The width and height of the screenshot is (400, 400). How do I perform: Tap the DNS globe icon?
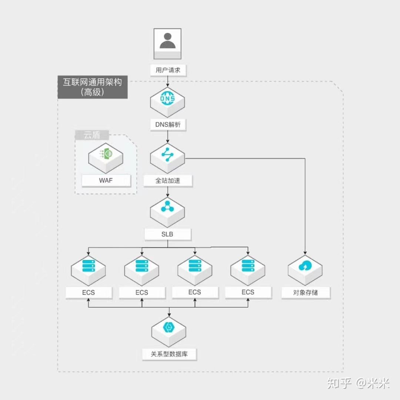[167, 99]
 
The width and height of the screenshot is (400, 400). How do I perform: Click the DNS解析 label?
[168, 125]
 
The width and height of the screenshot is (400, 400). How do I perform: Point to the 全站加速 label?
[168, 181]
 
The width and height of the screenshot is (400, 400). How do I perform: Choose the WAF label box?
[106, 181]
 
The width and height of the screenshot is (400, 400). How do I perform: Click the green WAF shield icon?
[106, 154]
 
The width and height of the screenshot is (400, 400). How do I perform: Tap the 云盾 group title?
[92, 135]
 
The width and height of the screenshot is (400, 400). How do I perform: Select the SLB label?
[167, 234]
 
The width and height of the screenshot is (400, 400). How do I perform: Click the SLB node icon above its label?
[167, 208]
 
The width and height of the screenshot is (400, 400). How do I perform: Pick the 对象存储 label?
[305, 293]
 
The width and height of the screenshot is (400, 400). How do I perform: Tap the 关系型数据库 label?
[169, 354]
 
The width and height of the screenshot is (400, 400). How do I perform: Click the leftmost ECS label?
[89, 293]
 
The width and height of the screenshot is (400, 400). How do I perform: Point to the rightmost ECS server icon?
[248, 266]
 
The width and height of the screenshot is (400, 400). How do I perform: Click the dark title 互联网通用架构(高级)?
[93, 87]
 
